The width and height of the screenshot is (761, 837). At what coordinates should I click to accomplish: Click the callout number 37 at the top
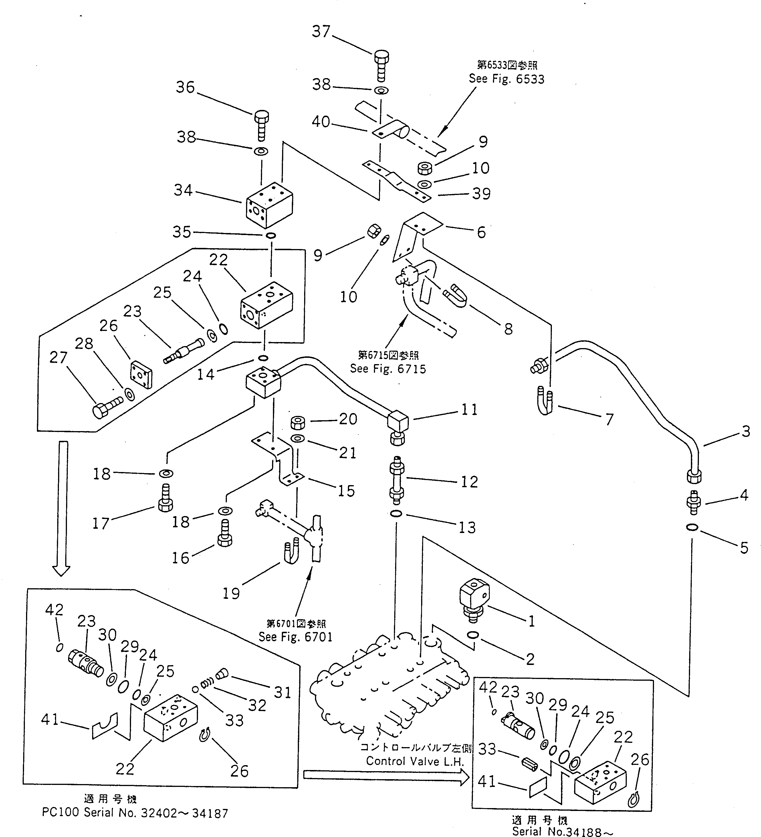tap(321, 31)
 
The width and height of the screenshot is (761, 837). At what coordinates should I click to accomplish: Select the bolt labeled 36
tap(261, 125)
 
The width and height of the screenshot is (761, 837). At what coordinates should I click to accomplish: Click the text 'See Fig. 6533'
tap(506, 79)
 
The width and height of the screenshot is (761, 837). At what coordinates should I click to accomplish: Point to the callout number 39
tap(481, 194)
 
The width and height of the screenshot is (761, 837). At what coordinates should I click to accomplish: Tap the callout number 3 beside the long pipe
tap(746, 431)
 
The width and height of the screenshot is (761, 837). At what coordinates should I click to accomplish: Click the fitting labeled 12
tap(397, 479)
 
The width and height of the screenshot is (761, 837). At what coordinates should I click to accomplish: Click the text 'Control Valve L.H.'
tap(415, 761)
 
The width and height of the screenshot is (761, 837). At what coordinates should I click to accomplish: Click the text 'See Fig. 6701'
tap(296, 637)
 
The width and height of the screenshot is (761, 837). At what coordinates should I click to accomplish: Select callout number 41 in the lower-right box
tap(487, 781)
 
